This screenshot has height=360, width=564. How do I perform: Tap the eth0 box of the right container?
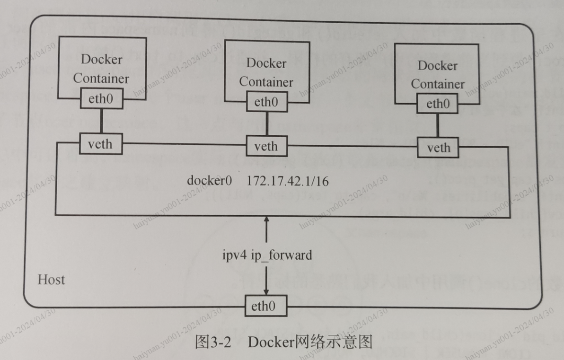(x=438, y=104)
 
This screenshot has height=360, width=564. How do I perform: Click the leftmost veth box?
(x=100, y=143)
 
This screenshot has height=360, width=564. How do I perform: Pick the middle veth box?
(x=266, y=146)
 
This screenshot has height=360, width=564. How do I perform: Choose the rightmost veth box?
(x=439, y=148)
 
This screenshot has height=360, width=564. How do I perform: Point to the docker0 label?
(x=210, y=181)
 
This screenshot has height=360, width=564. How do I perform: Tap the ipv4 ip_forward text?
(x=267, y=255)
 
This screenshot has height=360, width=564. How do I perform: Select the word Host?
(x=51, y=280)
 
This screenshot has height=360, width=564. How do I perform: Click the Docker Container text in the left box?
(x=101, y=69)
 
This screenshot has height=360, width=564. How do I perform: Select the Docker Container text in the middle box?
(x=266, y=72)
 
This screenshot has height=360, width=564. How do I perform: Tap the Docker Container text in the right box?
(x=438, y=75)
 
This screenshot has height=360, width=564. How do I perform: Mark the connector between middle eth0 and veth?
(x=266, y=123)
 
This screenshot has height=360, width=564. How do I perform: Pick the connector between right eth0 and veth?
(x=438, y=126)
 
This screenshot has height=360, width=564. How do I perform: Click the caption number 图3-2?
(x=212, y=342)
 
